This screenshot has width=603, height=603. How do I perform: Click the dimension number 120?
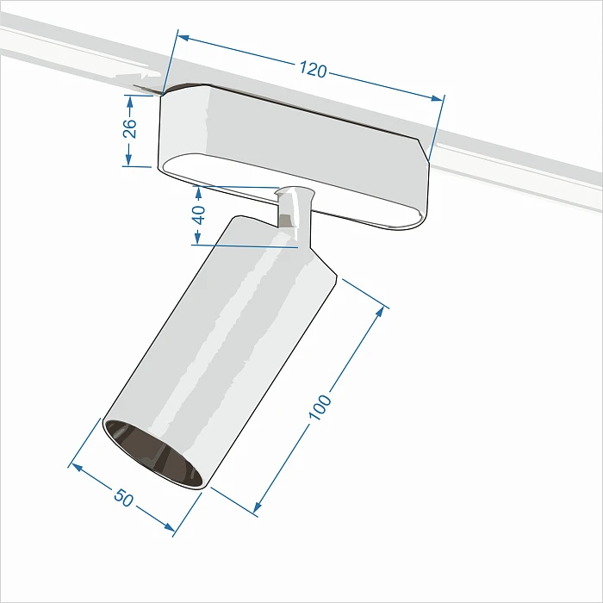point(314,70)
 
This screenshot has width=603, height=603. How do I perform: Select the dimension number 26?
point(129,128)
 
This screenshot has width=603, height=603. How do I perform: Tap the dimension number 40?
point(200,214)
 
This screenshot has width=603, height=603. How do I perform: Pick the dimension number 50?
point(124,498)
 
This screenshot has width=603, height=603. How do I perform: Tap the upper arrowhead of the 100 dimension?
point(382,311)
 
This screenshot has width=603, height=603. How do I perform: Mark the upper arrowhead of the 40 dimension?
point(200,189)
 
